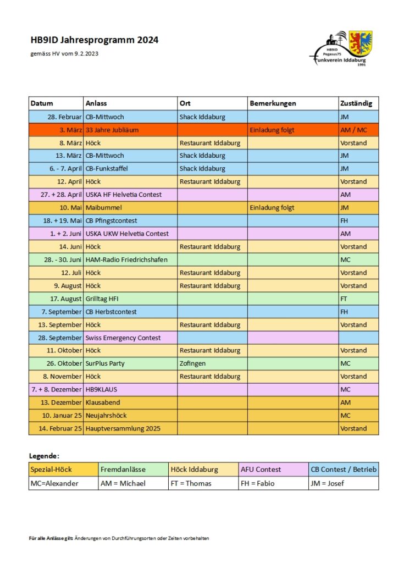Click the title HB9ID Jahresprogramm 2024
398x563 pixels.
coord(95,40)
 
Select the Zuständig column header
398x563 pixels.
coord(356,103)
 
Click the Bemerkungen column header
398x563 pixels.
coord(273,103)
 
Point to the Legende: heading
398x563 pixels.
coord(44,456)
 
